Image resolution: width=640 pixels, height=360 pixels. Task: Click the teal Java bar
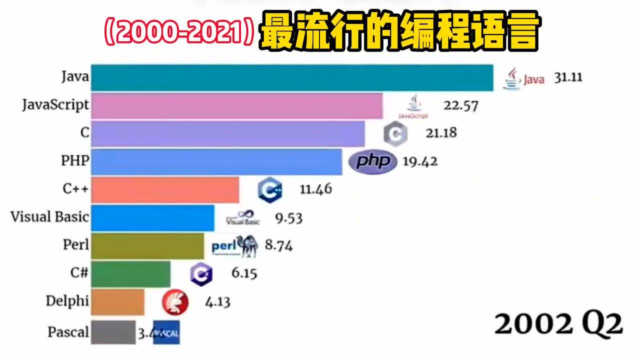292,77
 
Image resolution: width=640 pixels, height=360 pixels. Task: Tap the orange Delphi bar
118,301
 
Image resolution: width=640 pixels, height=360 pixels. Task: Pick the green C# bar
130,273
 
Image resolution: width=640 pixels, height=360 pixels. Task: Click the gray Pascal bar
113,332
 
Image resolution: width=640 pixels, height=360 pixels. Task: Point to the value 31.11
567,78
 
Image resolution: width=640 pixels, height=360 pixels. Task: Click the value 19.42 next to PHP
420,161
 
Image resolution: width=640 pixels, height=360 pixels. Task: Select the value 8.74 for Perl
278,245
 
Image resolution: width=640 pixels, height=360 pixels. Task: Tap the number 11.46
315,189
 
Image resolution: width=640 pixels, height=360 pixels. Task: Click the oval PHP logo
372,162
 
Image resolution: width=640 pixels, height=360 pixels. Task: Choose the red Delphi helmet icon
175,301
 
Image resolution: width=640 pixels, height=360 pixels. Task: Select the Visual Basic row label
49,217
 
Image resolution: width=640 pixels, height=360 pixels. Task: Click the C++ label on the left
75,189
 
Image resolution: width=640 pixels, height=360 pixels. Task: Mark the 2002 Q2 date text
558,325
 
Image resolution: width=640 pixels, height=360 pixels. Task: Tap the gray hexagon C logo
395,134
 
